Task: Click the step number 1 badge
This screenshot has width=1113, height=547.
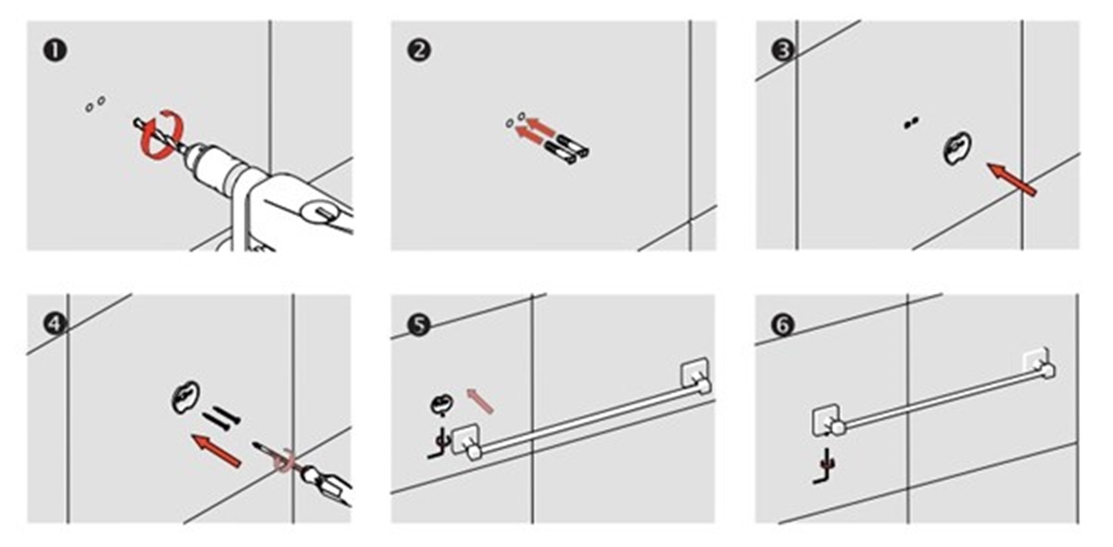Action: pos(55,50)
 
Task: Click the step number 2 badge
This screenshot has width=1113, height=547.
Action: pos(419,50)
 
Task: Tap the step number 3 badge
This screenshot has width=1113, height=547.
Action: pos(783,50)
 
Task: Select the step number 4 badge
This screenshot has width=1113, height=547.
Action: pos(55,324)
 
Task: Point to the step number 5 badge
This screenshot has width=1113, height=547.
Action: pos(419,324)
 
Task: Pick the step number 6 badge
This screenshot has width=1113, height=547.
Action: pos(783,324)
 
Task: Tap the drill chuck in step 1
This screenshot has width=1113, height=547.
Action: pos(212,164)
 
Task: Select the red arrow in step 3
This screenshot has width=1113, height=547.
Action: pos(1012,179)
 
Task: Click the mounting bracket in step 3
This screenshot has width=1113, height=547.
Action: pos(957,147)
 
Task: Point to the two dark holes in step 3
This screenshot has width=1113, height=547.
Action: pos(911,122)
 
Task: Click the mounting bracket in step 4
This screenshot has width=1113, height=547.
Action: pos(185,397)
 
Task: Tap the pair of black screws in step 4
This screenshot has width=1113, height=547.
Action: pos(221,418)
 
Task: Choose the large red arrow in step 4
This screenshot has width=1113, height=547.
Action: pos(217,450)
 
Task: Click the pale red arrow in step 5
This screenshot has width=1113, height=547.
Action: pos(480,401)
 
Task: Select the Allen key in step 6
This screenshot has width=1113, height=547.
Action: pos(825,467)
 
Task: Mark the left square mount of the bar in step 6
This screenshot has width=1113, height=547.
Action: pos(825,420)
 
